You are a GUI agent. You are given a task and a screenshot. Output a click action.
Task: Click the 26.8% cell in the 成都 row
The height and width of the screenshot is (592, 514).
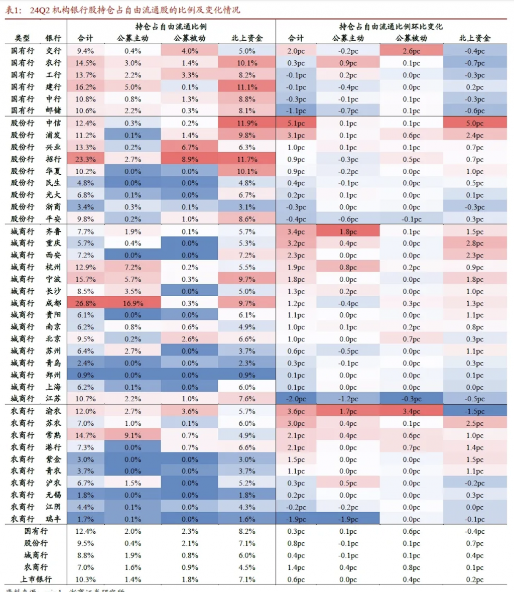point(85,303)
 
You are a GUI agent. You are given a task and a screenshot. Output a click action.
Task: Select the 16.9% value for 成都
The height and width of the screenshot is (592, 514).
point(133,303)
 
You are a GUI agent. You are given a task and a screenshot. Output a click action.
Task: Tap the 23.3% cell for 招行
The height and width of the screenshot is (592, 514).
point(85,159)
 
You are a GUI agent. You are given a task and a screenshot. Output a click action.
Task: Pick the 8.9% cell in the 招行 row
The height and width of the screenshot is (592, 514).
point(190,159)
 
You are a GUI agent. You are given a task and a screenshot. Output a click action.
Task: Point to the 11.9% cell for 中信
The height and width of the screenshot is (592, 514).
point(247,123)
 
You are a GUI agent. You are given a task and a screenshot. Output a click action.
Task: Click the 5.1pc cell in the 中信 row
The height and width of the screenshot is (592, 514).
point(296,123)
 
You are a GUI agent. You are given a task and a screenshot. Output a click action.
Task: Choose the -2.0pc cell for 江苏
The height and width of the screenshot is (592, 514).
point(296,399)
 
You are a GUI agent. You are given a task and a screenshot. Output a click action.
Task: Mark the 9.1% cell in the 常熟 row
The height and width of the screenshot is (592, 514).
point(133,435)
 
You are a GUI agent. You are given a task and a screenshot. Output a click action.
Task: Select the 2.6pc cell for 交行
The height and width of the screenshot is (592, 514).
point(412,51)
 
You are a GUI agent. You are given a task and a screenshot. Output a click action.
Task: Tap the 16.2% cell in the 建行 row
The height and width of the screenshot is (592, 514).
point(85,87)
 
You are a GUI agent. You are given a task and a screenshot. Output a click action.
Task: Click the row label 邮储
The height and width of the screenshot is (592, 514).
point(53,110)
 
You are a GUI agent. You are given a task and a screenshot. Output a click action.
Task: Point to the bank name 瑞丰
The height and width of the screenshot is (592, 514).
point(53,519)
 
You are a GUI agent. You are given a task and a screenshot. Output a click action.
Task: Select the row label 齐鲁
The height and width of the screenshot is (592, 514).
point(53,231)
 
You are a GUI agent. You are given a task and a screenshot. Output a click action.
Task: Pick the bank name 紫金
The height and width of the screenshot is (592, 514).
point(53,459)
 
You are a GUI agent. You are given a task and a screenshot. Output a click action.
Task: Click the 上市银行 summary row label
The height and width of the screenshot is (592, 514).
point(36,579)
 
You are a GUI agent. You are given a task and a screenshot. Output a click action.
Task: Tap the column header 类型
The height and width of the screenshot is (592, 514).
point(23,38)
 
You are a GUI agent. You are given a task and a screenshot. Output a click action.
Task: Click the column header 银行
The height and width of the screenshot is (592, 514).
point(53,38)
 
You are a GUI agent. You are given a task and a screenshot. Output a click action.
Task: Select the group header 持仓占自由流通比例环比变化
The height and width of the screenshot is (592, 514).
point(391,27)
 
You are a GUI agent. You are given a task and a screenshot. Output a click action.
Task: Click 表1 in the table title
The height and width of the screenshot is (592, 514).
point(13,10)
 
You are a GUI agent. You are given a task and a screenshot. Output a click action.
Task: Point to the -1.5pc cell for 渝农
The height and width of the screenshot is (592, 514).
point(474,411)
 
